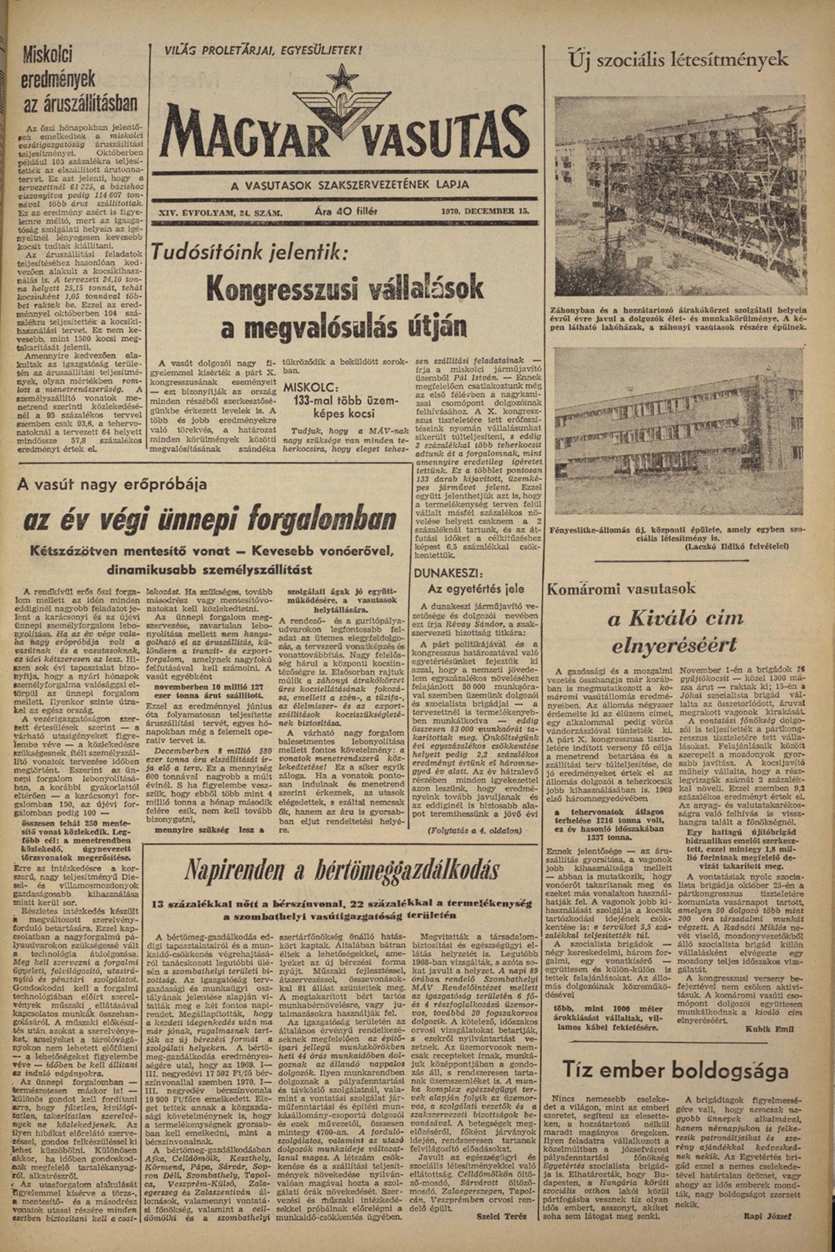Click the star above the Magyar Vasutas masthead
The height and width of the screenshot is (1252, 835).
click(x=337, y=80)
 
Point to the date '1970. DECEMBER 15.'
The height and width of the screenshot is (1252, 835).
click(x=484, y=212)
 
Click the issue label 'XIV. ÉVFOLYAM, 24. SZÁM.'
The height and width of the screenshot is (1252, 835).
click(x=220, y=212)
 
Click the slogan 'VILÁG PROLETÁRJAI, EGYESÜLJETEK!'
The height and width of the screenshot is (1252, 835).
click(x=263, y=51)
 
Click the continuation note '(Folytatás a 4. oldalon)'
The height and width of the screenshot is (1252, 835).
click(x=474, y=832)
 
